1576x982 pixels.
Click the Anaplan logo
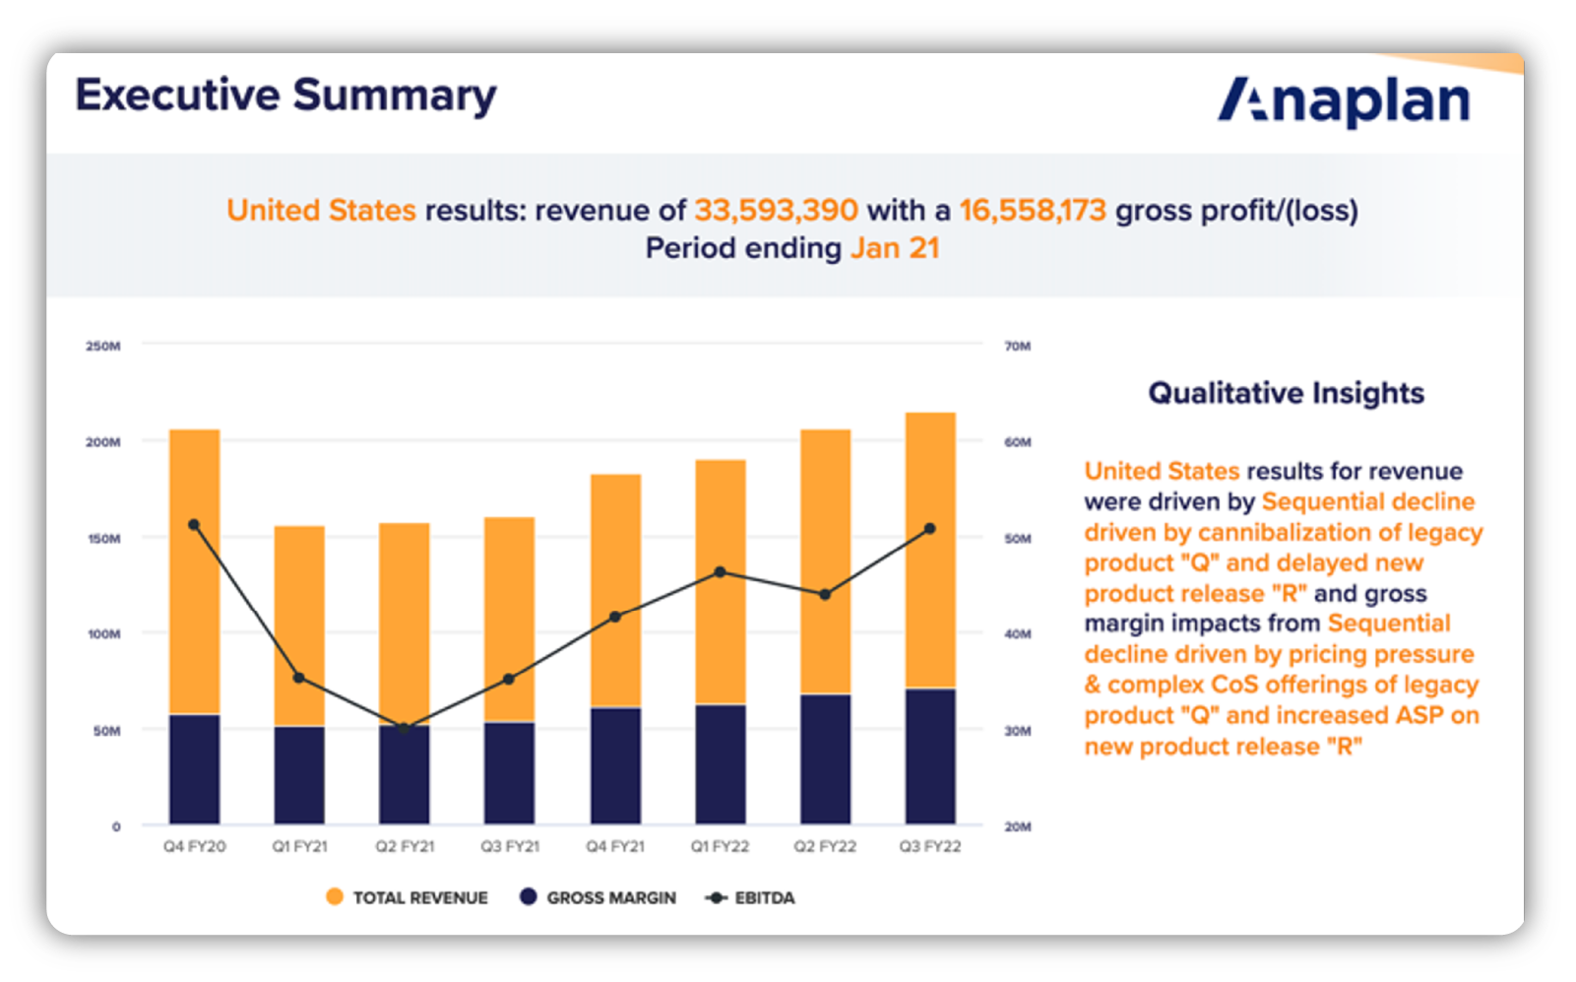click(1343, 100)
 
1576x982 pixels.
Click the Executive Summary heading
click(285, 96)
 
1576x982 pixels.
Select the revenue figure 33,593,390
click(776, 210)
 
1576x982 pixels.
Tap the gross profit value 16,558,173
click(1033, 210)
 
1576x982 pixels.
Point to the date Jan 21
click(895, 247)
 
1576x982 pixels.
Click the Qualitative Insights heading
click(1286, 393)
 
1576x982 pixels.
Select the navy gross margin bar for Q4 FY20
click(195, 769)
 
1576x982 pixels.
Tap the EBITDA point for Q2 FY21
click(404, 728)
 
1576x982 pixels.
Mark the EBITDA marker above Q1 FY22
click(720, 571)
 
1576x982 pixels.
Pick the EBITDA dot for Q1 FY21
click(299, 678)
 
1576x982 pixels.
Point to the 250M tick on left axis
click(103, 346)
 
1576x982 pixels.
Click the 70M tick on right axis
click(1018, 346)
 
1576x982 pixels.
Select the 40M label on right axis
click(1018, 633)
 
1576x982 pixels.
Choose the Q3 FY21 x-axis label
click(510, 846)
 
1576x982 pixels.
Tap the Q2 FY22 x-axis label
click(825, 846)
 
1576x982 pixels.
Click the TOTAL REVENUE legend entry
click(407, 897)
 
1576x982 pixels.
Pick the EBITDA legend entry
click(751, 897)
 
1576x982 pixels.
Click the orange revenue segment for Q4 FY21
click(615, 591)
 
